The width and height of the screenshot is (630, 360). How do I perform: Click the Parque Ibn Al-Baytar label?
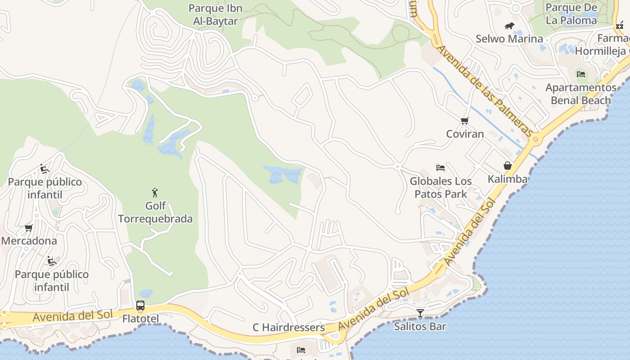point(215,14)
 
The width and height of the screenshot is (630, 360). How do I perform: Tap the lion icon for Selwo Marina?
point(509,26)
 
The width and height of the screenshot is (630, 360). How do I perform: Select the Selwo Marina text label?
point(509,39)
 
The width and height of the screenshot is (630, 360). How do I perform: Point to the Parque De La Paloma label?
point(571,14)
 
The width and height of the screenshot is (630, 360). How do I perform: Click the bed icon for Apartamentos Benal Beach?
point(580,74)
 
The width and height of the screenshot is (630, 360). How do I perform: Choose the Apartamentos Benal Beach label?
point(580,94)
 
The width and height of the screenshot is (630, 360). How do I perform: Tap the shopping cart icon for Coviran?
point(464,121)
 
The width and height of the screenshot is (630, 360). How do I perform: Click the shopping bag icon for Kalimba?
point(508,166)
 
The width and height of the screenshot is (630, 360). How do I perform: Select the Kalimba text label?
point(508,179)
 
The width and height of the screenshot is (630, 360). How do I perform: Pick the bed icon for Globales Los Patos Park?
point(441,168)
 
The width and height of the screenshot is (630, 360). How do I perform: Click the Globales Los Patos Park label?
point(441,188)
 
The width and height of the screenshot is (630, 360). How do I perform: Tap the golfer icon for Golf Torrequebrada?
point(155,193)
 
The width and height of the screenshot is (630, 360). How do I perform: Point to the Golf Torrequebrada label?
point(155,212)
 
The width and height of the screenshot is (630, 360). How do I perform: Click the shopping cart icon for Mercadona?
point(29,228)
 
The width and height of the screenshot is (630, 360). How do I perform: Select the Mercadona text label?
point(29,241)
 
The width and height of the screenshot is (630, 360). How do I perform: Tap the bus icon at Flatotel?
point(140,306)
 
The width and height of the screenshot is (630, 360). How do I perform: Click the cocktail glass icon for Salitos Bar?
point(420,313)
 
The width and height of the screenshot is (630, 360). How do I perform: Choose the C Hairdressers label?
point(288,327)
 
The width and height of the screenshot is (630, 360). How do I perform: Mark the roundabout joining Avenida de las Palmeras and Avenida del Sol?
point(535,139)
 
